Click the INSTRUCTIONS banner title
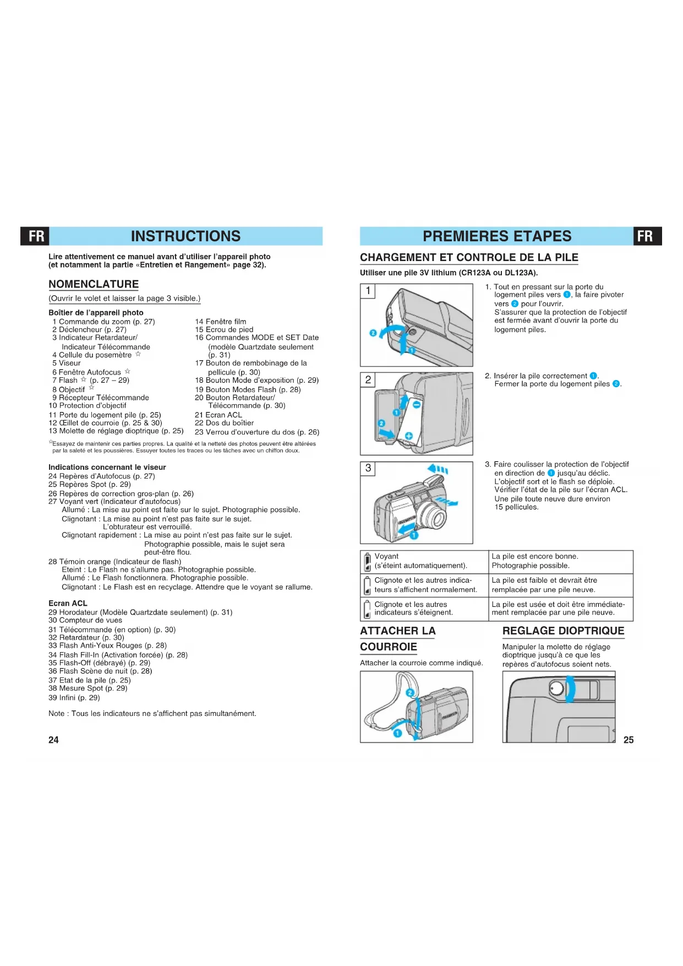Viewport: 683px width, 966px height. click(185, 236)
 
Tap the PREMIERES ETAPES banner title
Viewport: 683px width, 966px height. click(497, 236)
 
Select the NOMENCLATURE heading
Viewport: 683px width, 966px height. click(94, 284)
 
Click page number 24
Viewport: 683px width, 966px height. click(53, 740)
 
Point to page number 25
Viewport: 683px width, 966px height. click(629, 740)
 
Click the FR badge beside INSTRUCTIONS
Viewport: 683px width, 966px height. click(36, 236)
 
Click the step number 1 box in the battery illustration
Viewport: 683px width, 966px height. click(368, 291)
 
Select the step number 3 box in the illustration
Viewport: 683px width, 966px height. click(368, 468)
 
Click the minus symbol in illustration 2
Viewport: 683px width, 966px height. click(417, 405)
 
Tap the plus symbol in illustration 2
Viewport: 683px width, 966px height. click(409, 436)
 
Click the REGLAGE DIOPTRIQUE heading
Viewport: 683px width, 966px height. click(563, 631)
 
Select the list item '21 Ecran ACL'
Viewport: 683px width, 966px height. click(218, 415)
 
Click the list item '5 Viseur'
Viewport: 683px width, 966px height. click(67, 363)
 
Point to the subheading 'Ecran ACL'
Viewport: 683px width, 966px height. click(68, 603)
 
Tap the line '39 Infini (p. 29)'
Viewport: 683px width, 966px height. click(74, 697)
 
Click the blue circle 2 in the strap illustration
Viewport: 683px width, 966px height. click(410, 693)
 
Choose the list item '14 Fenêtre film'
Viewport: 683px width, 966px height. click(221, 322)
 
